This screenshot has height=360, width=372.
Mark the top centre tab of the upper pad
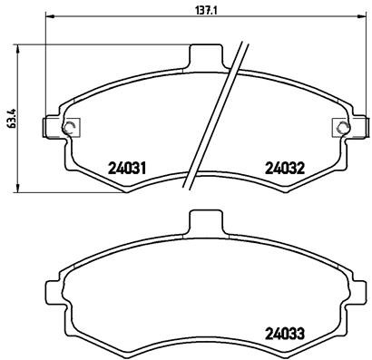[x=204, y=55]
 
